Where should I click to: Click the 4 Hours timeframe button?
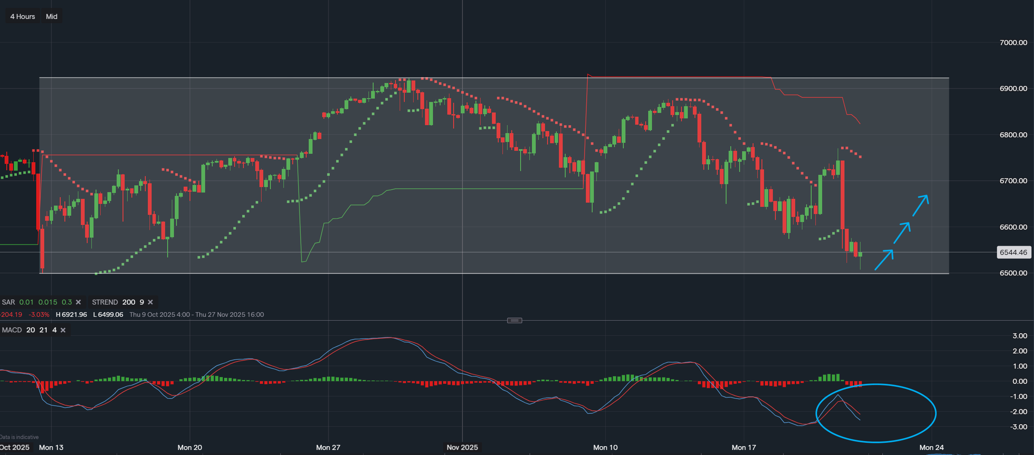tap(23, 16)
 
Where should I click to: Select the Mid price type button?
tap(51, 16)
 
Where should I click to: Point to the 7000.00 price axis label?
tap(1013, 43)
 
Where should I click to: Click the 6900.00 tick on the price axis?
tap(1013, 88)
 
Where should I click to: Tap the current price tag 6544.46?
tap(1013, 252)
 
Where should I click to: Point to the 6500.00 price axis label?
tap(1013, 273)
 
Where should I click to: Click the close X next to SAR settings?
tap(78, 302)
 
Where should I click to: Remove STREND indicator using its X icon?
tap(150, 302)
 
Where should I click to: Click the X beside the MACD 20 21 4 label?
tap(63, 330)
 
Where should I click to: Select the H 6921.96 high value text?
tap(71, 315)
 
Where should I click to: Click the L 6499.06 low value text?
tap(108, 315)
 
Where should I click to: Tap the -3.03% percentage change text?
tap(39, 315)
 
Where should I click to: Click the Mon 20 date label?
tap(190, 447)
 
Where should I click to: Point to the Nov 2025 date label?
tap(462, 447)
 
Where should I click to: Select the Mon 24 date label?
tap(931, 447)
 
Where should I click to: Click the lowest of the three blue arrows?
tap(884, 260)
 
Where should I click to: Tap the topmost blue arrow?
tap(920, 205)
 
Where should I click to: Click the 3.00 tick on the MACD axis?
tap(1020, 336)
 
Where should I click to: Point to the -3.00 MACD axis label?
tap(1019, 427)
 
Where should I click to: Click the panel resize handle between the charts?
tap(514, 321)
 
